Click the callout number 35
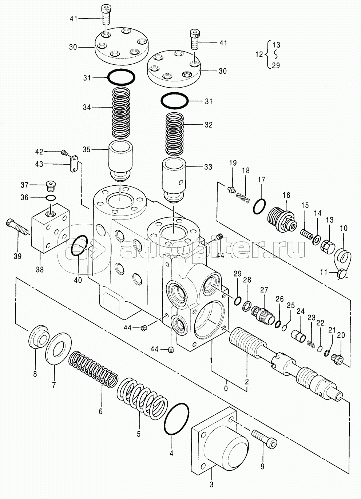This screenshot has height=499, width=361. pyautogui.click(x=86, y=149)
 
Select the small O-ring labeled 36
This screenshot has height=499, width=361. pyautogui.click(x=51, y=197)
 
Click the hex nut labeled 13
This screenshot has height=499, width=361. pyautogui.click(x=327, y=247)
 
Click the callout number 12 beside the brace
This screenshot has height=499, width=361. pyautogui.click(x=259, y=54)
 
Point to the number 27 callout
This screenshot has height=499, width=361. pyautogui.click(x=264, y=290)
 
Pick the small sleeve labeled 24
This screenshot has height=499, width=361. pyautogui.click(x=298, y=336)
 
